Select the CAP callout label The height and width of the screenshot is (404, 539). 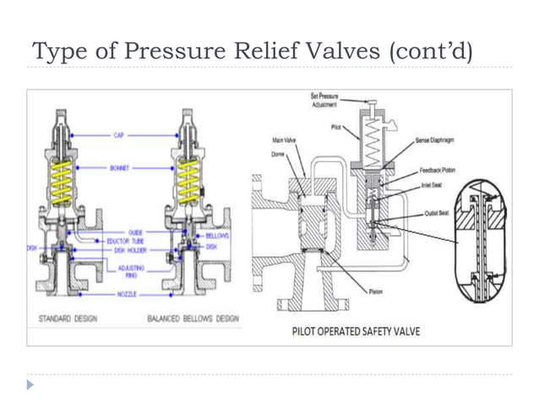tap(118, 134)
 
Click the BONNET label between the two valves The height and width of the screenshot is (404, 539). tap(120, 168)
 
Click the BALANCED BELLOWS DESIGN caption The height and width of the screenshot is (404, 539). tap(193, 319)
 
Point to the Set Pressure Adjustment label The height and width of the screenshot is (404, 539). tap(324, 102)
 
